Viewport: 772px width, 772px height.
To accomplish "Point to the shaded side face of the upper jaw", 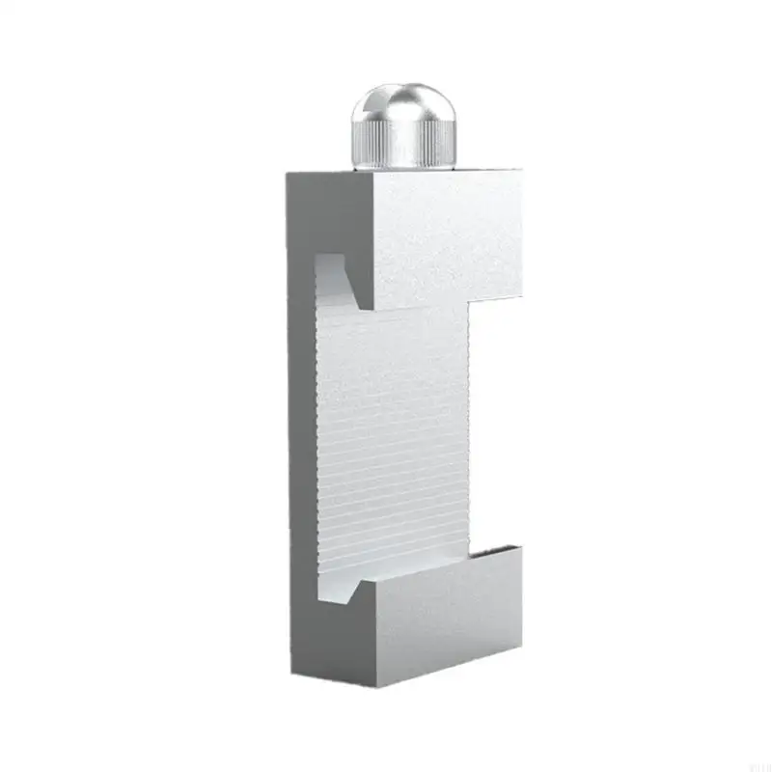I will click(328, 222).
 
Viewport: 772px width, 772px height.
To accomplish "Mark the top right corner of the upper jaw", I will click(522, 173).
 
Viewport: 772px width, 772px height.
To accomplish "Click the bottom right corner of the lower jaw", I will click(522, 641).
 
